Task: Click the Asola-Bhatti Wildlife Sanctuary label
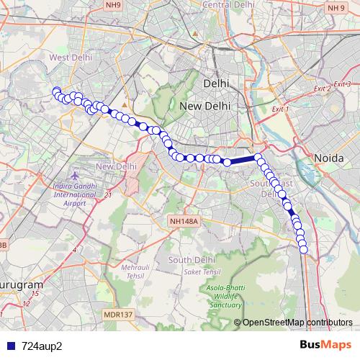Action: pyautogui.click(x=224, y=294)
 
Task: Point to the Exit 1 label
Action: pyautogui.click(x=279, y=109)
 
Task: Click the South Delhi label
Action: pyautogui.click(x=188, y=259)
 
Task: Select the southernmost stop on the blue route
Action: pyautogui.click(x=304, y=250)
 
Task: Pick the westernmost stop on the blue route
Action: pyautogui.click(x=55, y=91)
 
